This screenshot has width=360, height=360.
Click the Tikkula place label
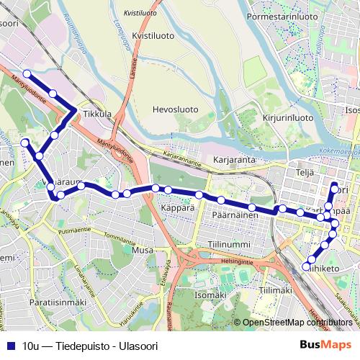(x=97, y=114)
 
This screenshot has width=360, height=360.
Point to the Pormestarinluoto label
(x=282, y=15)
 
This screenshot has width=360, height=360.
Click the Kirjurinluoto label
(x=287, y=117)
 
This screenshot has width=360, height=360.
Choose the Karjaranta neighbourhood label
(x=235, y=160)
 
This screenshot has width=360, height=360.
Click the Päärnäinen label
(x=235, y=215)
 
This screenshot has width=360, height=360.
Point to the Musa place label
(x=143, y=250)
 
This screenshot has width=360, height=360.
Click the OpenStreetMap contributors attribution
(x=297, y=323)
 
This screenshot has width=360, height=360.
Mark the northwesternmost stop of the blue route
(x=27, y=73)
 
